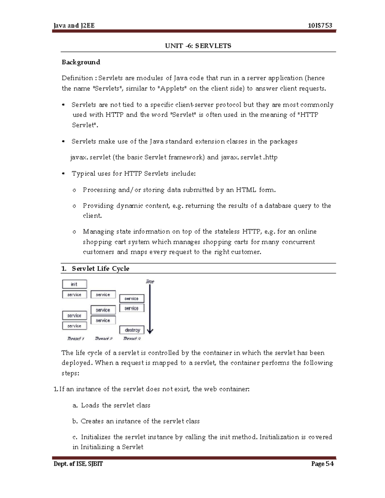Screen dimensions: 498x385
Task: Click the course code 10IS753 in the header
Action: (320, 26)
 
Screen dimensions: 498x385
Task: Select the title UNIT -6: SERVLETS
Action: (198, 46)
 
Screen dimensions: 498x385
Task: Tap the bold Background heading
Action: (81, 62)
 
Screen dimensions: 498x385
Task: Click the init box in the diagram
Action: (74, 284)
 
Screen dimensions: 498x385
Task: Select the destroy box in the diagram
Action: (132, 330)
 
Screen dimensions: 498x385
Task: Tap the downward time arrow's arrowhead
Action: (150, 331)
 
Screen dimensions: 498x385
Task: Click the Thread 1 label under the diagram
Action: (75, 339)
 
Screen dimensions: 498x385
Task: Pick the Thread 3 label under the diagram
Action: (132, 339)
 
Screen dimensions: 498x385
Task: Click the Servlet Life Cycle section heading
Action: (100, 269)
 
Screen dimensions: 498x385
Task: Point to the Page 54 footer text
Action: (322, 464)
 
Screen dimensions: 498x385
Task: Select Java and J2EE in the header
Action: (74, 26)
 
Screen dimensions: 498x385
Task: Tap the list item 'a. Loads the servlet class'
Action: (111, 405)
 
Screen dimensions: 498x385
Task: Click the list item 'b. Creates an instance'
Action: (136, 421)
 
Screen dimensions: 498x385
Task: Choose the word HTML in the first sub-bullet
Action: (246, 190)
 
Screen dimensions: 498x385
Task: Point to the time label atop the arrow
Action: (150, 282)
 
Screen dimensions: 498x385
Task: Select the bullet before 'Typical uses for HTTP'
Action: (64, 174)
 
